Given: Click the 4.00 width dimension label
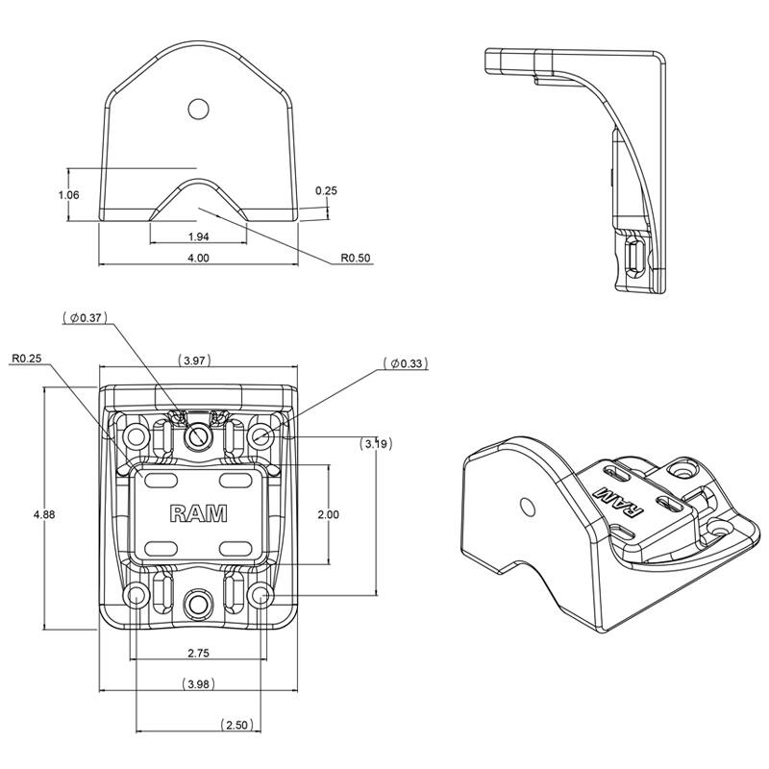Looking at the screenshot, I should pos(198,258).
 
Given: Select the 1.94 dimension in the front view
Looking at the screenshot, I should pos(198,236).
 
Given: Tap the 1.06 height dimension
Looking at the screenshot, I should pos(68,195).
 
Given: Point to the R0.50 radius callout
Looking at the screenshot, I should pos(356,259).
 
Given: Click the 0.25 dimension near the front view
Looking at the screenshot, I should pos(327,190).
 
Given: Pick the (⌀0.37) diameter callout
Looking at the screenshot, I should pos(86,316).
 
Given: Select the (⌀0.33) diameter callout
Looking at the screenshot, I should pos(404,363).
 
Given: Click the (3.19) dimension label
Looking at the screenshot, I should pos(375,443).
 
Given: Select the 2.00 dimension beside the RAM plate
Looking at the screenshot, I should pos(328,515).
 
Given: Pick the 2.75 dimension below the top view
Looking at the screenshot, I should pos(198,653).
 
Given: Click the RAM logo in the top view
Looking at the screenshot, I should pos(198,513).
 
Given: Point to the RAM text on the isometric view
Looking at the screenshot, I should pos(608,500).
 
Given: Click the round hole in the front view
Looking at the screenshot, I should pos(198,109).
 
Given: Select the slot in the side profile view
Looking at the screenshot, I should pos(634,258).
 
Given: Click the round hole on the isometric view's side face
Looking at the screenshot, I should pos(526,507).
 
